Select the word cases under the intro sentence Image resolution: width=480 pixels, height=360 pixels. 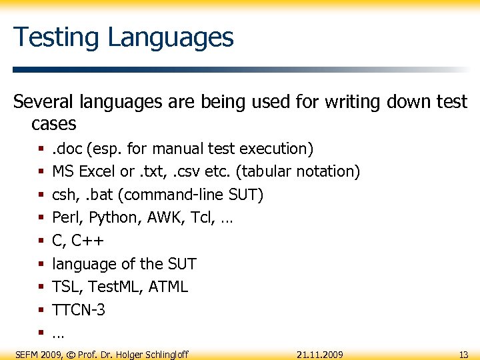(53, 123)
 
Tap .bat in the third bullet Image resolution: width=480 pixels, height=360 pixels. (97, 195)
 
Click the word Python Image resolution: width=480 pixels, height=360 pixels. (110, 217)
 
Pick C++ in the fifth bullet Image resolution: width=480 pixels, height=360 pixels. (87, 241)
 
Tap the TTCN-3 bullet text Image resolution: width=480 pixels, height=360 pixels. (79, 310)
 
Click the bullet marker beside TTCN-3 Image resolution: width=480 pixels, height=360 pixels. (41, 310)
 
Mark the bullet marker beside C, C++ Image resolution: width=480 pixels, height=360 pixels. (41, 241)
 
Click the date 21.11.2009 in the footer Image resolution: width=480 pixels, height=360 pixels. (320, 354)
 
